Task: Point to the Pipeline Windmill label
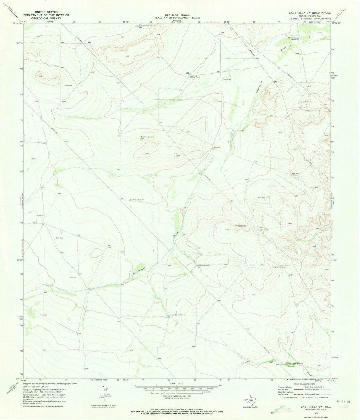[x=204, y=265]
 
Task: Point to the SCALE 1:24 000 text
[x=175, y=383]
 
